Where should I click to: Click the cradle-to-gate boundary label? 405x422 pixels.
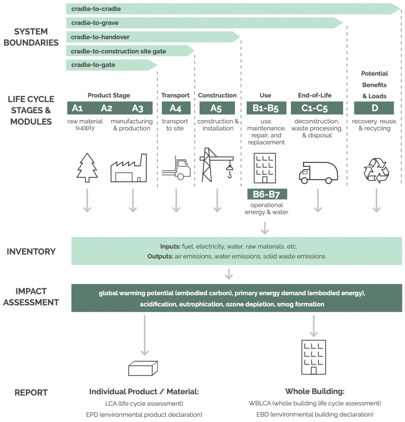(x=93, y=65)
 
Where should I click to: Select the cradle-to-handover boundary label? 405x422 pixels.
(x=100, y=37)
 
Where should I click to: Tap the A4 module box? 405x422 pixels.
(x=176, y=108)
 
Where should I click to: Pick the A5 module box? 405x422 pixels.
(x=217, y=108)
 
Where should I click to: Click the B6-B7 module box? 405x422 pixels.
(x=267, y=194)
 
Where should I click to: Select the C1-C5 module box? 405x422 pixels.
(x=317, y=108)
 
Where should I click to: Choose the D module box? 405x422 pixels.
(x=374, y=108)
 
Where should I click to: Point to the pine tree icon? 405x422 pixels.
(x=87, y=168)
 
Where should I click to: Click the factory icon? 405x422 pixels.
(x=129, y=168)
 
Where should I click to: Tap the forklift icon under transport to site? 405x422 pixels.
(x=176, y=168)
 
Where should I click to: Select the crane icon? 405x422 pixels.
(x=216, y=165)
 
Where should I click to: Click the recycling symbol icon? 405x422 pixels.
(x=376, y=170)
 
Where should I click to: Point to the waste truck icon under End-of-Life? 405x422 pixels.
(x=319, y=173)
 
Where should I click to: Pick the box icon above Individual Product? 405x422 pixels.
(x=143, y=368)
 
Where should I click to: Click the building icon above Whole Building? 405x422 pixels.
(x=313, y=357)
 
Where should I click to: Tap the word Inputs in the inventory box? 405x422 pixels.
(x=170, y=247)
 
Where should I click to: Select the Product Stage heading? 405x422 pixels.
(x=109, y=95)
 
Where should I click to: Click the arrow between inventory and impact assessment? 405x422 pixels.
(x=229, y=274)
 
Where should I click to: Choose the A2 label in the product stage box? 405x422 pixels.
(x=106, y=108)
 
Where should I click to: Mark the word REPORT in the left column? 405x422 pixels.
(x=31, y=393)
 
